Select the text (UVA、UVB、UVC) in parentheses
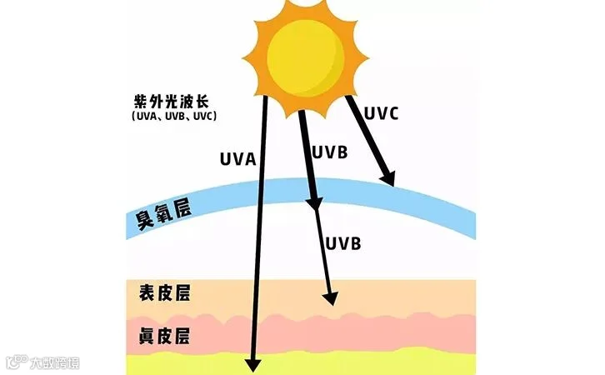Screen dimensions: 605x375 [x=173, y=117]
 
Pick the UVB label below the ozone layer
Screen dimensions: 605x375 [x=343, y=243]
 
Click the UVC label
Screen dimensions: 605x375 [x=382, y=112]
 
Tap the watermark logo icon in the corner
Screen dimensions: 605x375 [x=16, y=362]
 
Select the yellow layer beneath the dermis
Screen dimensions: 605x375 [x=417, y=363]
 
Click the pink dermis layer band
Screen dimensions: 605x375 [x=417, y=333]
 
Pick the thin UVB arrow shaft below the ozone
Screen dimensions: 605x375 [x=325, y=250]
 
